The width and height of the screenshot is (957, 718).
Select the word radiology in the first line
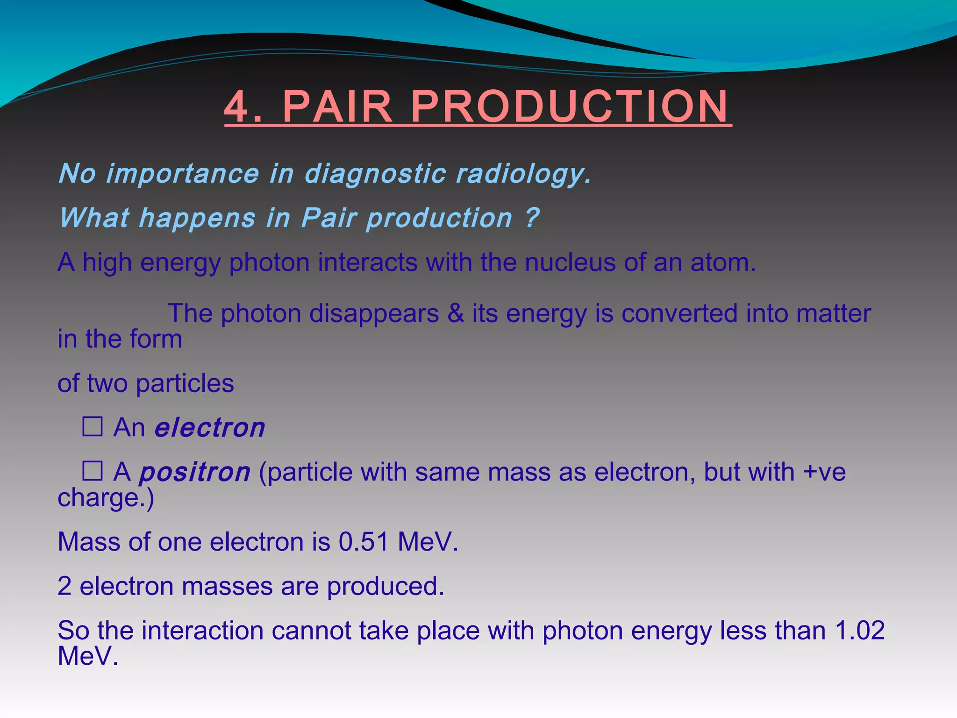coord(522,174)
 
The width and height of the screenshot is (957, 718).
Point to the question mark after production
coord(532,218)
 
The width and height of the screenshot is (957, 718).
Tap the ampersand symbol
coord(455,313)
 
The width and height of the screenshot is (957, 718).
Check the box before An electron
coord(93,426)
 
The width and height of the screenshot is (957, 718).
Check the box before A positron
coord(93,471)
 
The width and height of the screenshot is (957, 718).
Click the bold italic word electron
coord(210,428)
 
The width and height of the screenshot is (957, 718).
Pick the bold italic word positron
coord(195,473)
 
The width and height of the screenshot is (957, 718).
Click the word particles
coord(185,384)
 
